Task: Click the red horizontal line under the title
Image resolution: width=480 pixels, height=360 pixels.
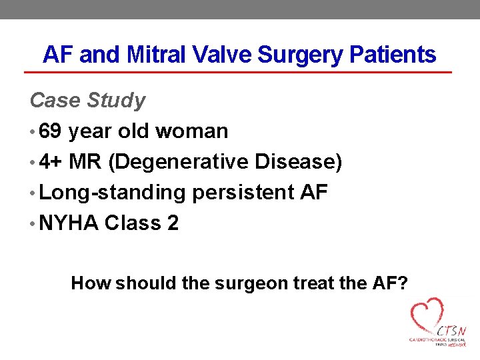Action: click(x=238, y=72)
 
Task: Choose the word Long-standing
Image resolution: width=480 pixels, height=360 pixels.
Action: click(x=112, y=193)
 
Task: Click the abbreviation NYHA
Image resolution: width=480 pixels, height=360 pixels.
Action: click(x=69, y=223)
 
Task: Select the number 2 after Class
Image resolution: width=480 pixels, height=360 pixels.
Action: click(x=173, y=223)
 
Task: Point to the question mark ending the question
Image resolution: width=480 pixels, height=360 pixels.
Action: click(x=403, y=283)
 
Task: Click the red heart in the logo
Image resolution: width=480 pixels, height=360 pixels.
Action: click(x=426, y=317)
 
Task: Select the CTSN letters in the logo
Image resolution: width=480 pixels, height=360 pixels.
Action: click(x=451, y=331)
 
